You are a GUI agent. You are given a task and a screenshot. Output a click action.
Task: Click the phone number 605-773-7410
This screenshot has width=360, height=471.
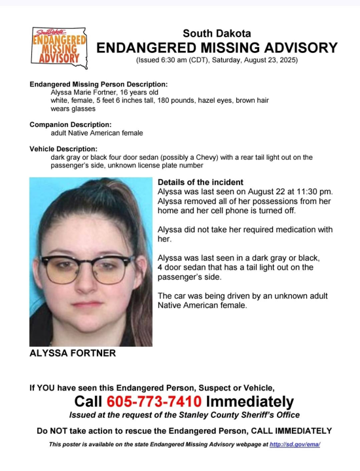click(154, 401)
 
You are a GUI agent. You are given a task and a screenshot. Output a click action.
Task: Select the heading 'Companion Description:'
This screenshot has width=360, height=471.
click(71, 124)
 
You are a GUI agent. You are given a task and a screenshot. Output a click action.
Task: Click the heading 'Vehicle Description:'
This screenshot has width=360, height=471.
click(64, 149)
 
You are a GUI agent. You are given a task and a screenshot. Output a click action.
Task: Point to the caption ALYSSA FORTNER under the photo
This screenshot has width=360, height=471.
click(73, 353)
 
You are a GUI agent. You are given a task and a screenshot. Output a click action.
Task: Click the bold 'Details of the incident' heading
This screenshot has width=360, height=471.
click(201, 182)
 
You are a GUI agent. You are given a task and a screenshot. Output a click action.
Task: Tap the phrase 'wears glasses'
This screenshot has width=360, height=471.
click(73, 109)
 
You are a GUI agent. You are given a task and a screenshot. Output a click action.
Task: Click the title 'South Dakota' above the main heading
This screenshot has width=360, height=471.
click(217, 33)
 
